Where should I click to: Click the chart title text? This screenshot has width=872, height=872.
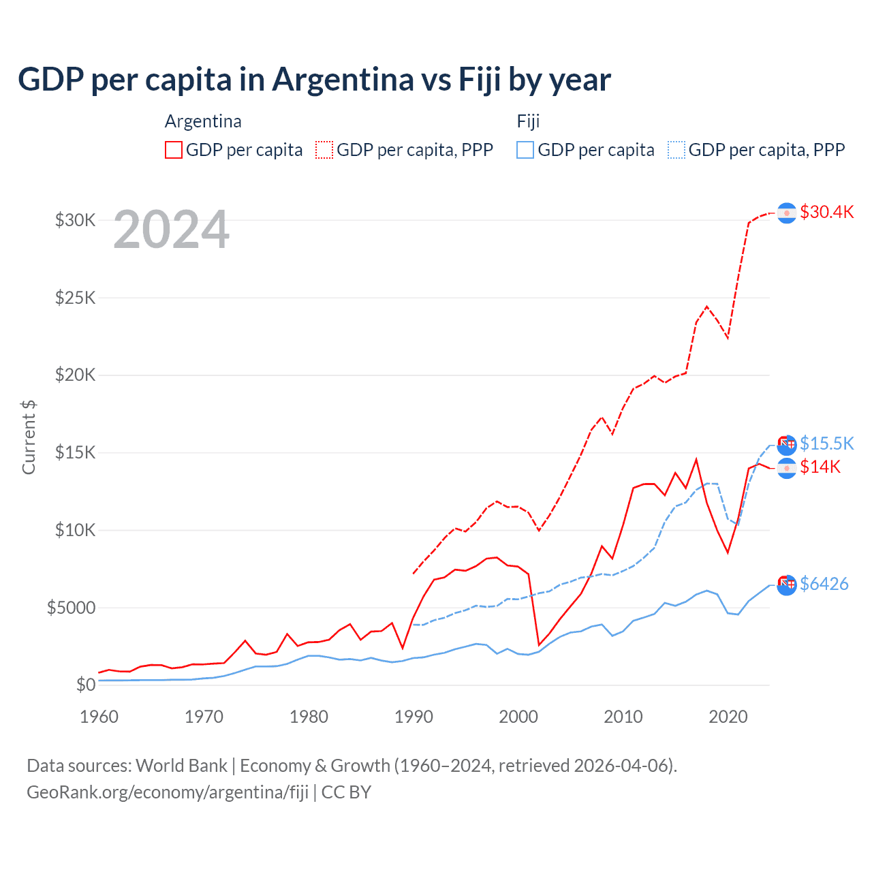pyautogui.click(x=314, y=80)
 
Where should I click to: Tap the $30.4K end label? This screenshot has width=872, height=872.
pyautogui.click(x=826, y=212)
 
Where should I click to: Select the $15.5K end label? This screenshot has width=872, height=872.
pyautogui.click(x=826, y=443)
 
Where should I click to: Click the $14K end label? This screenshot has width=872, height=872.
pyautogui.click(x=820, y=467)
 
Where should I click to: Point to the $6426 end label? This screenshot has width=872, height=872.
pyautogui.click(x=824, y=584)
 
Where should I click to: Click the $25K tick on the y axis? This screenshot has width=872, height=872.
pyautogui.click(x=75, y=298)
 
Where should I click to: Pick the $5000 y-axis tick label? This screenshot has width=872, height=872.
pyautogui.click(x=71, y=608)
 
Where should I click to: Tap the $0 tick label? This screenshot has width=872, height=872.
pyautogui.click(x=85, y=685)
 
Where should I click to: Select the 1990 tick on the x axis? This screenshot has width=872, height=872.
pyautogui.click(x=414, y=717)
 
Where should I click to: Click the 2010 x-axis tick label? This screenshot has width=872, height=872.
pyautogui.click(x=623, y=717)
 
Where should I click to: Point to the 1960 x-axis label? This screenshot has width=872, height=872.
pyautogui.click(x=99, y=717)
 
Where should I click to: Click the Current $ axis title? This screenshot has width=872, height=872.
pyautogui.click(x=29, y=437)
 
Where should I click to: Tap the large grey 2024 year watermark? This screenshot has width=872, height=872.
pyautogui.click(x=171, y=230)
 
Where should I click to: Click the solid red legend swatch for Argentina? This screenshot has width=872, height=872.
pyautogui.click(x=174, y=150)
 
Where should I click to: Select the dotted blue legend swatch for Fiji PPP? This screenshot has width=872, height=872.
pyautogui.click(x=676, y=150)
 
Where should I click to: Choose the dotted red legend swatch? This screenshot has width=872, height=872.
pyautogui.click(x=324, y=150)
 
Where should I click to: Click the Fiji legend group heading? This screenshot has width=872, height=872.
pyautogui.click(x=528, y=121)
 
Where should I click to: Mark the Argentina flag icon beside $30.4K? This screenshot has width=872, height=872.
pyautogui.click(x=787, y=213)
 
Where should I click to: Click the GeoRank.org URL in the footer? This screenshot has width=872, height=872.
pyautogui.click(x=168, y=792)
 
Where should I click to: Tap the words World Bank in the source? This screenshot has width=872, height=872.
pyautogui.click(x=181, y=766)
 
